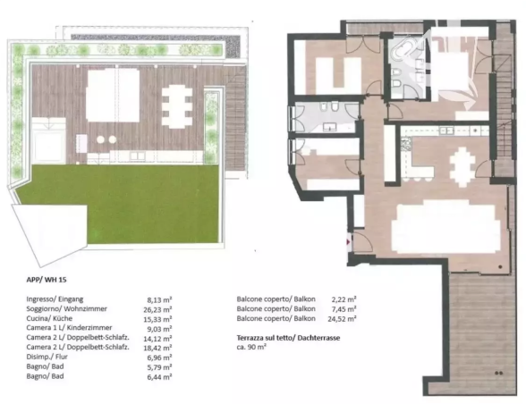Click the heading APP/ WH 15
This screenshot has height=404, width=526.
[x=47, y=280]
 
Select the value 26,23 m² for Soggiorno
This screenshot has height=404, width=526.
[x=157, y=309]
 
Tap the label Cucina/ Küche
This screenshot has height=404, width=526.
[x=49, y=318]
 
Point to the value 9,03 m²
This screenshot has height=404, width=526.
[x=159, y=329]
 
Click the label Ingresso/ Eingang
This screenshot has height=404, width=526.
[x=55, y=299]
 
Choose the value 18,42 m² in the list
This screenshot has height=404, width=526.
[x=157, y=348]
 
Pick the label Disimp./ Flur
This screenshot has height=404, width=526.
[x=47, y=357]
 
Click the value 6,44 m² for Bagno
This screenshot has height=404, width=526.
[x=159, y=377]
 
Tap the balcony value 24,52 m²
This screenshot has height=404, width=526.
[x=342, y=319]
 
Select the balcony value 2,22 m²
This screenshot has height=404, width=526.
[x=344, y=299]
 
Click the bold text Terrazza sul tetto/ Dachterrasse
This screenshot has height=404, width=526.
[x=288, y=338]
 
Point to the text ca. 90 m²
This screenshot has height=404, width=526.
[x=251, y=348]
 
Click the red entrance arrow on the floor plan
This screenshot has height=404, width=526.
[x=349, y=241]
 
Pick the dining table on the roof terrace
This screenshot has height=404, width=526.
[x=177, y=107]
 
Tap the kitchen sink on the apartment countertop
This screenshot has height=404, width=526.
[x=446, y=130]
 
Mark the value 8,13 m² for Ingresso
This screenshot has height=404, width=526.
[x=159, y=299]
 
